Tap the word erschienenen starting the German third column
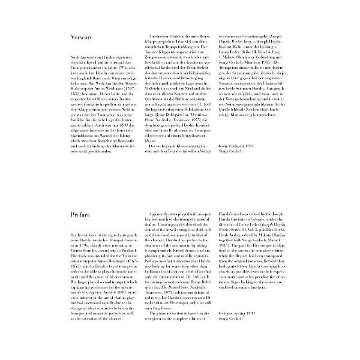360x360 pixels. (x=231, y=36)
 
